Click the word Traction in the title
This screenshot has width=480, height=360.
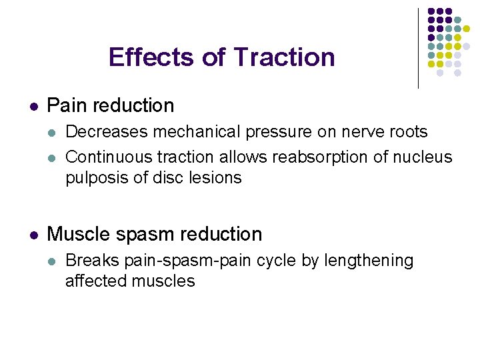[x=285, y=57]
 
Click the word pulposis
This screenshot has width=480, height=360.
[x=94, y=178]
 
